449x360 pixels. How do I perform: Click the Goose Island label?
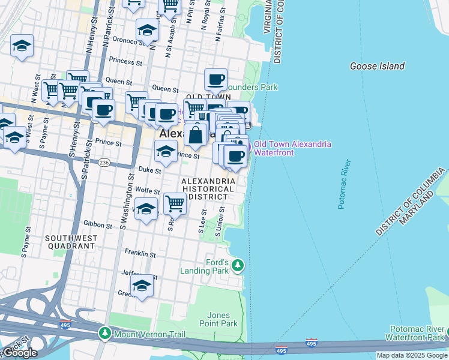(377, 66)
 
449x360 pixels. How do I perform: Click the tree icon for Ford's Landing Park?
(238, 265)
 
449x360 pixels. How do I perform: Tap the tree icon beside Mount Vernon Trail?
(105, 332)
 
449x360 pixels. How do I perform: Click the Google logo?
(19, 353)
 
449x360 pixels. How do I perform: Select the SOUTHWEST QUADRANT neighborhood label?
(71, 242)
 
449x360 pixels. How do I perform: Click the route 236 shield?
(104, 163)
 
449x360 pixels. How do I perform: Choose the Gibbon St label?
(100, 226)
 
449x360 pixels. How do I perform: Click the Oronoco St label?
(121, 42)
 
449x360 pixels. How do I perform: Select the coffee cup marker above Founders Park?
(215, 79)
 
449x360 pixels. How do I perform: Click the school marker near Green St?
(142, 286)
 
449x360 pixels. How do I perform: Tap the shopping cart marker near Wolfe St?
(175, 203)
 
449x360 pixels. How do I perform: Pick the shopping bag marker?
(196, 134)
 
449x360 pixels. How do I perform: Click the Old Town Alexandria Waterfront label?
(292, 148)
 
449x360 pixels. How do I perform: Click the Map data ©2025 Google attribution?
(412, 355)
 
